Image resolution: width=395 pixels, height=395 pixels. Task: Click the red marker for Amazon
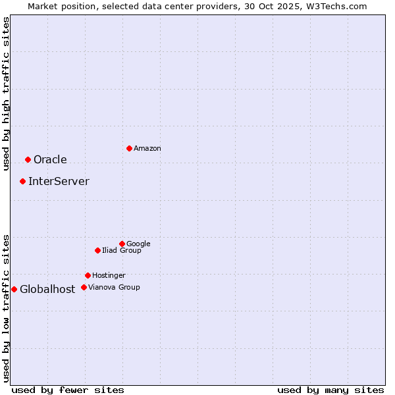point(129,148)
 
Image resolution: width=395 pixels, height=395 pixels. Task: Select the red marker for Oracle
point(28,159)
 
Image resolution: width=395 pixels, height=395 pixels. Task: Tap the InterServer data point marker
point(22,181)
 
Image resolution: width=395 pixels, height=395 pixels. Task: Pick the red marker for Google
point(122,244)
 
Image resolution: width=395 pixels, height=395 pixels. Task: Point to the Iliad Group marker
point(97,250)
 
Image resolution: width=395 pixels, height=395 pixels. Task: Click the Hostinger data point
point(88,275)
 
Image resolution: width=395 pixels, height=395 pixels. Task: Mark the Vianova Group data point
point(84,287)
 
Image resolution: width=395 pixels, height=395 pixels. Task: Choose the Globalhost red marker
point(14,289)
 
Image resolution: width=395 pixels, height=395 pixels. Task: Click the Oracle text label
point(50,159)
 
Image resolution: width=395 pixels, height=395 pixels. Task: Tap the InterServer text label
point(59,181)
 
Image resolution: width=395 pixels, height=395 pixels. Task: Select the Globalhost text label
point(47,289)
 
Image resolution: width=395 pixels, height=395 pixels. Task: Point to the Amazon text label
point(147,148)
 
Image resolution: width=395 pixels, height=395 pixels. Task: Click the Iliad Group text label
point(122,250)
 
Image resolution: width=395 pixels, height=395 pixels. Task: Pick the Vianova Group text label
point(114,287)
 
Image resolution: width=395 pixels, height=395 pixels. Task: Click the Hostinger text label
point(109,275)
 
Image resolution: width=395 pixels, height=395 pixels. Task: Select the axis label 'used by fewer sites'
point(68,390)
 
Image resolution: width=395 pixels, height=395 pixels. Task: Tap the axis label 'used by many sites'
point(330,390)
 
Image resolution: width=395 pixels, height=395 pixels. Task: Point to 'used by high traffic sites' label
point(6,93)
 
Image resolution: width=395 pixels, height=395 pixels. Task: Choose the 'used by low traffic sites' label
point(6,307)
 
